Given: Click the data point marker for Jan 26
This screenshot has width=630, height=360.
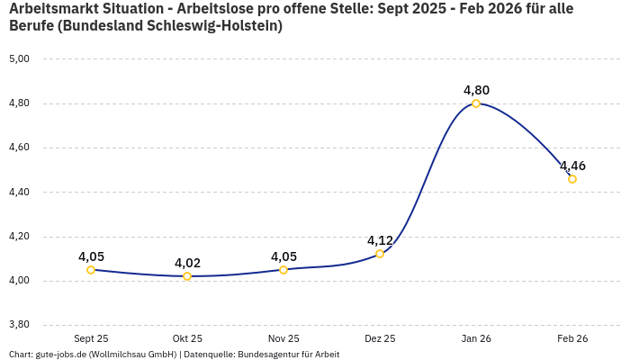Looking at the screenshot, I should [x=476, y=103].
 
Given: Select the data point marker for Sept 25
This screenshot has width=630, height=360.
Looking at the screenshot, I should [x=91, y=270].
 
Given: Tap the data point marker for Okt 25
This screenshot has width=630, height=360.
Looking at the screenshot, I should [x=187, y=276].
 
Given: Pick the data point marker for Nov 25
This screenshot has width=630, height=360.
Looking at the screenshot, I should [x=283, y=270].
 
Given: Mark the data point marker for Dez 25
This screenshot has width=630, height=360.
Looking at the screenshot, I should [x=380, y=254].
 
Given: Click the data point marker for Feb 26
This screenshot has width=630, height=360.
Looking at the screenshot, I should [x=572, y=179].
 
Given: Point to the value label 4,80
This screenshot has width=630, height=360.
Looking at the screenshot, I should [x=476, y=90].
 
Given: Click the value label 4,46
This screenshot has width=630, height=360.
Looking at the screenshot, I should [x=572, y=166].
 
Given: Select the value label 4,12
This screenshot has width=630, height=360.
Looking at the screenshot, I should [x=380, y=240].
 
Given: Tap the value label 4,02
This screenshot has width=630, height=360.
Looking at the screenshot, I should [x=187, y=263].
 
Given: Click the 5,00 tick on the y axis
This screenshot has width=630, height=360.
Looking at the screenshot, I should [x=19, y=58].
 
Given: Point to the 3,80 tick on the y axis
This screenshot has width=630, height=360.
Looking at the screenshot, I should [x=19, y=325].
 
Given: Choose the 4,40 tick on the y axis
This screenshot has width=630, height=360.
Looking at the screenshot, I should [x=19, y=192].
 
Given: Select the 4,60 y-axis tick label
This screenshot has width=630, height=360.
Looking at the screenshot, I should [x=19, y=148].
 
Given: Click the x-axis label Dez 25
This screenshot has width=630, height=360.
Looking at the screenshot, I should [x=380, y=338].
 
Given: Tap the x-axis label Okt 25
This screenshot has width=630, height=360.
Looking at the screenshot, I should [x=187, y=338].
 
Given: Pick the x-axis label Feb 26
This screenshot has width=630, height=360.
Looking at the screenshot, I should [x=572, y=338].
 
